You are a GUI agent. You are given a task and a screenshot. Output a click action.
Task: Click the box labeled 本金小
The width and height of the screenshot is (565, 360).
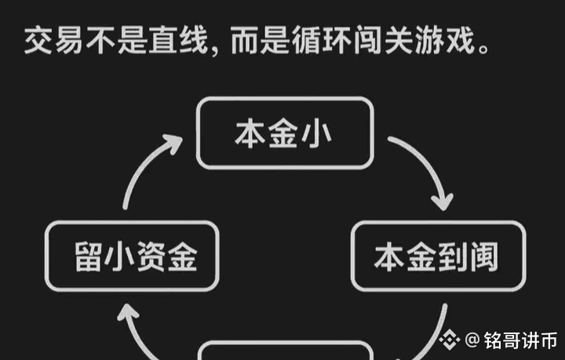click(x=283, y=133)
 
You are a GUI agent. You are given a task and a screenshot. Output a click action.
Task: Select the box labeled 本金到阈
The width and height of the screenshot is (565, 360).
click(x=436, y=256)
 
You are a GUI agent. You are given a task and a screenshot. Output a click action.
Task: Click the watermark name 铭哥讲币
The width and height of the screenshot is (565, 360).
click(x=520, y=340)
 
